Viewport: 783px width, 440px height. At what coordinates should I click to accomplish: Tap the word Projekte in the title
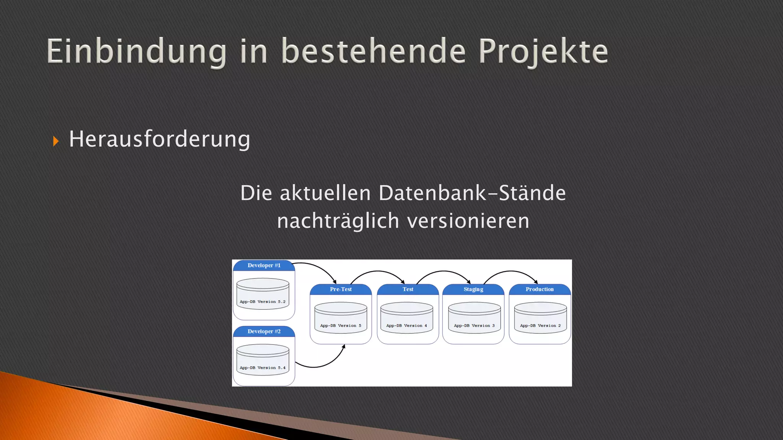pyautogui.click(x=543, y=52)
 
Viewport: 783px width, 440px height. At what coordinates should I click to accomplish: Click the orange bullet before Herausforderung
pyautogui.click(x=56, y=141)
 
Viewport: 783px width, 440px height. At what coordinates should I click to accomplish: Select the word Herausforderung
pyautogui.click(x=159, y=139)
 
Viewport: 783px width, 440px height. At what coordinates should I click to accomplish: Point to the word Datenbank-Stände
pyautogui.click(x=472, y=193)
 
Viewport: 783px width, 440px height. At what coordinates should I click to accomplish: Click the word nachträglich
pyautogui.click(x=338, y=221)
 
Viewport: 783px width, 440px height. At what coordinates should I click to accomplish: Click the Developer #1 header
pyautogui.click(x=264, y=265)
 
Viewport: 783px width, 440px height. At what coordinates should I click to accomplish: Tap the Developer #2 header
pyautogui.click(x=264, y=332)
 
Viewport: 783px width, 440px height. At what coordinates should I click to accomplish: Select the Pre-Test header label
pyautogui.click(x=341, y=290)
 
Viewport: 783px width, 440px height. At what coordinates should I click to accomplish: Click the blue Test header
pyautogui.click(x=408, y=290)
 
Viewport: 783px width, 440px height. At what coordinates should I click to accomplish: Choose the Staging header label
pyautogui.click(x=473, y=290)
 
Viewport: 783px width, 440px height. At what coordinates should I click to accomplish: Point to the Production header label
pyautogui.click(x=539, y=290)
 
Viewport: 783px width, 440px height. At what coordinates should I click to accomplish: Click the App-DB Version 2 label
pyautogui.click(x=540, y=326)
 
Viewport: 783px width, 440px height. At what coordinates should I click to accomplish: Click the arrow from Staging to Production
pyautogui.click(x=511, y=272)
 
